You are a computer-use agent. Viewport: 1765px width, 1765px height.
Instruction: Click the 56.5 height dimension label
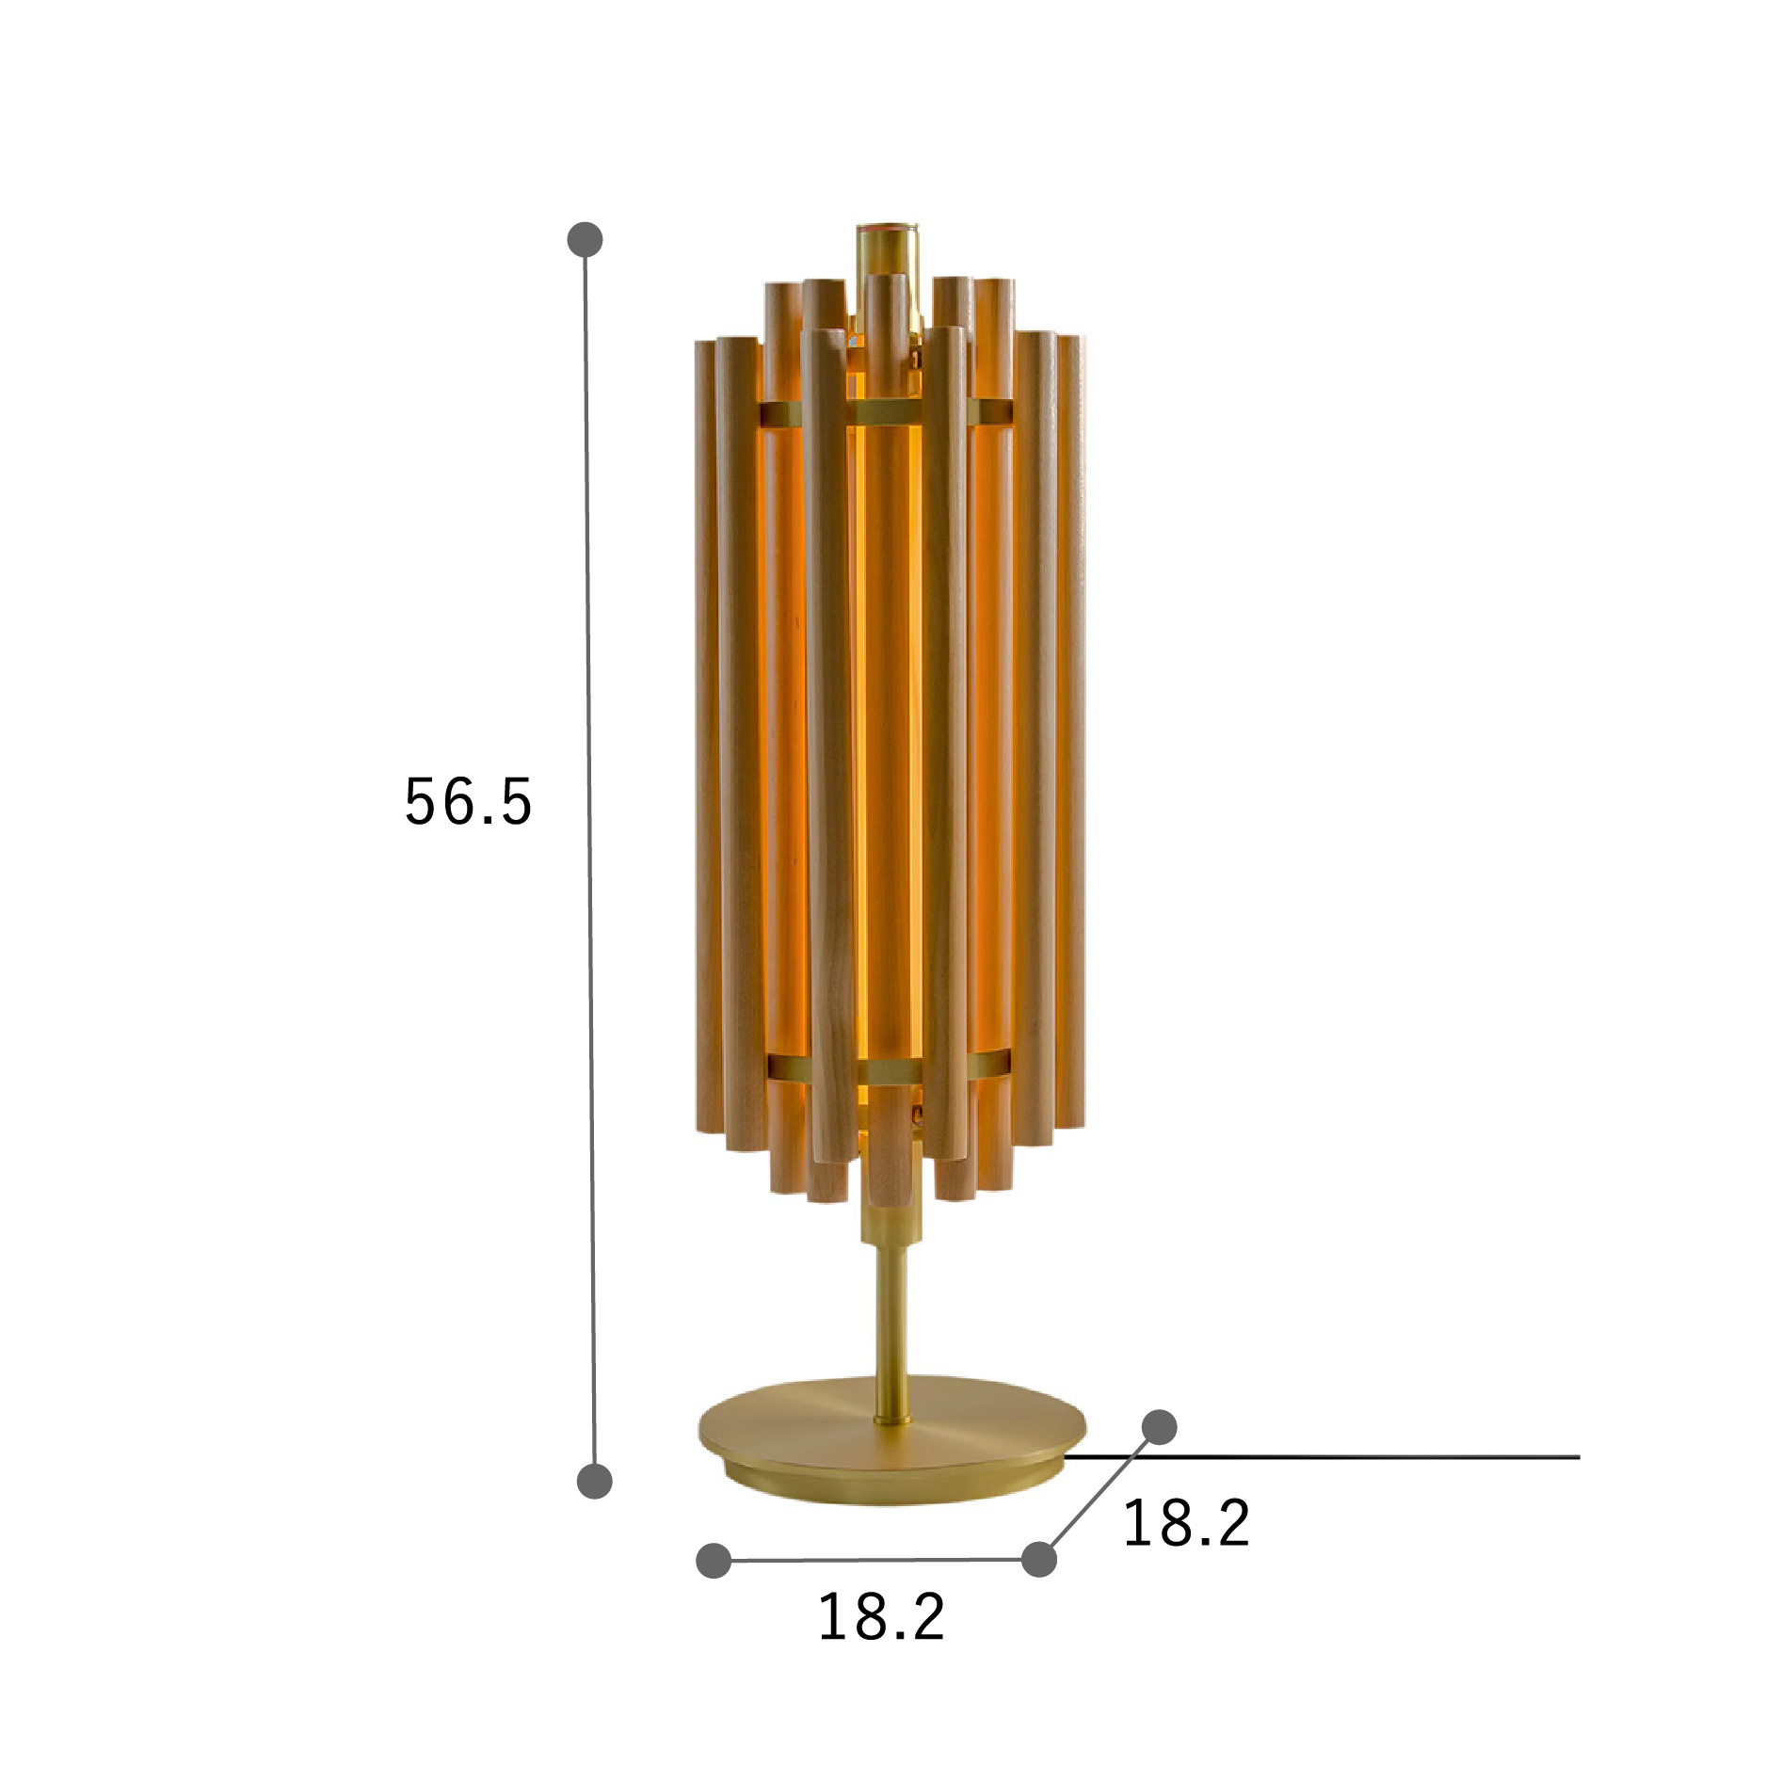[468, 802]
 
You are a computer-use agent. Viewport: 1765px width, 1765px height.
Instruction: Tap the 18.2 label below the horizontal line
[881, 1617]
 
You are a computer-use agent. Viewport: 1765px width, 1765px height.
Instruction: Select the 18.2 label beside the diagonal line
[1186, 1523]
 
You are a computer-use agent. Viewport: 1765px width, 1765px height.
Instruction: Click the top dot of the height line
[585, 239]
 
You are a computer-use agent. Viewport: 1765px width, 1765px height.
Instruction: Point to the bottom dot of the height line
[594, 1481]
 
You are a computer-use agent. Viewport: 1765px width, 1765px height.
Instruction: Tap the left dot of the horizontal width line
[714, 1561]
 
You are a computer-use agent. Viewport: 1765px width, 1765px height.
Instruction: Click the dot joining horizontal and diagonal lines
[1038, 1559]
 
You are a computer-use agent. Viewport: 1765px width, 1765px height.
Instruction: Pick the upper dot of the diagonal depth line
[1159, 1427]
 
